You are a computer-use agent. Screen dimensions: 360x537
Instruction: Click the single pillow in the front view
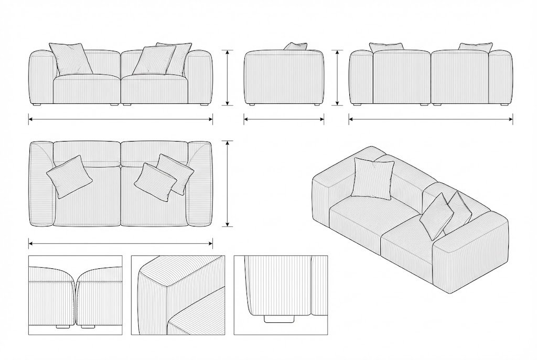click(x=71, y=59)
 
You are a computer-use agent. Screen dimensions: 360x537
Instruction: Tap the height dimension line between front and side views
click(x=228, y=78)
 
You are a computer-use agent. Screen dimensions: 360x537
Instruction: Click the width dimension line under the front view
click(x=121, y=119)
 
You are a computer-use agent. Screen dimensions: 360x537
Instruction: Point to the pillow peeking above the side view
click(x=296, y=46)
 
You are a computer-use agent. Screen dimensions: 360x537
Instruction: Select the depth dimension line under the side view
click(x=284, y=119)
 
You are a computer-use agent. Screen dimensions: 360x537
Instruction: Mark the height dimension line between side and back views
click(x=337, y=78)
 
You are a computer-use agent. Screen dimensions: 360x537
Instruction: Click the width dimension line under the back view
click(x=431, y=119)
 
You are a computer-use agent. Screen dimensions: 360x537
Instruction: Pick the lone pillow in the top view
click(x=70, y=176)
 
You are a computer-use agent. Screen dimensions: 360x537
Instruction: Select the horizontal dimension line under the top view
click(x=121, y=243)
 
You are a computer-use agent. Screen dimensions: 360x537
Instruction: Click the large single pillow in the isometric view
click(x=373, y=178)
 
